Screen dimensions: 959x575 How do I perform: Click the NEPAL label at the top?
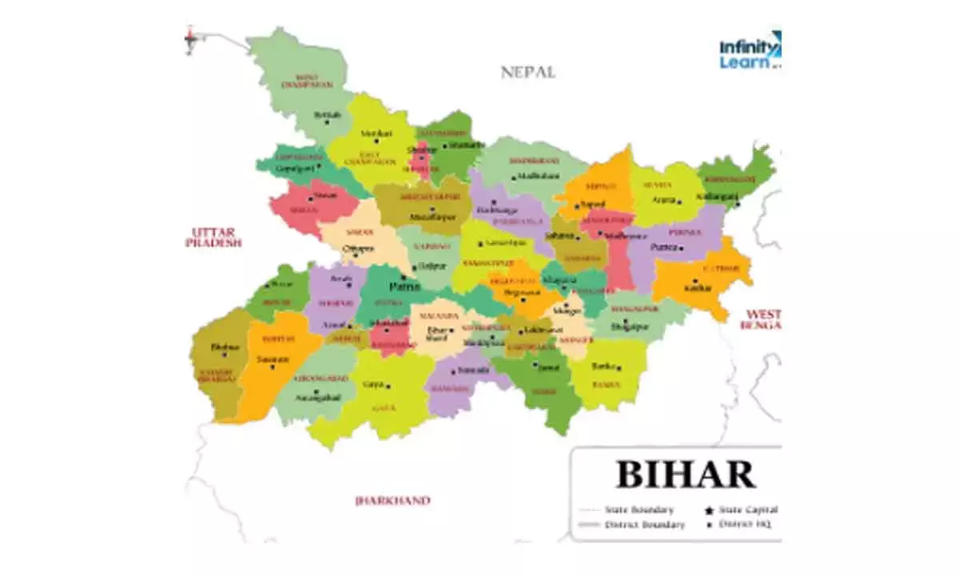click(527, 72)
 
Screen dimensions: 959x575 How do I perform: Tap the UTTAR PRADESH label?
click(213, 236)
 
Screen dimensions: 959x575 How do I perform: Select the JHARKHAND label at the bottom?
click(392, 501)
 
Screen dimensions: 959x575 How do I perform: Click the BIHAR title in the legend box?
click(685, 474)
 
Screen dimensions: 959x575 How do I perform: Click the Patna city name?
click(404, 285)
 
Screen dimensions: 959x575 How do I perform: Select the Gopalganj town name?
click(291, 169)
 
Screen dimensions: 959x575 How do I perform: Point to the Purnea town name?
click(664, 248)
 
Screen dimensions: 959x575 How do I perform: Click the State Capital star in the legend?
click(708, 510)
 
